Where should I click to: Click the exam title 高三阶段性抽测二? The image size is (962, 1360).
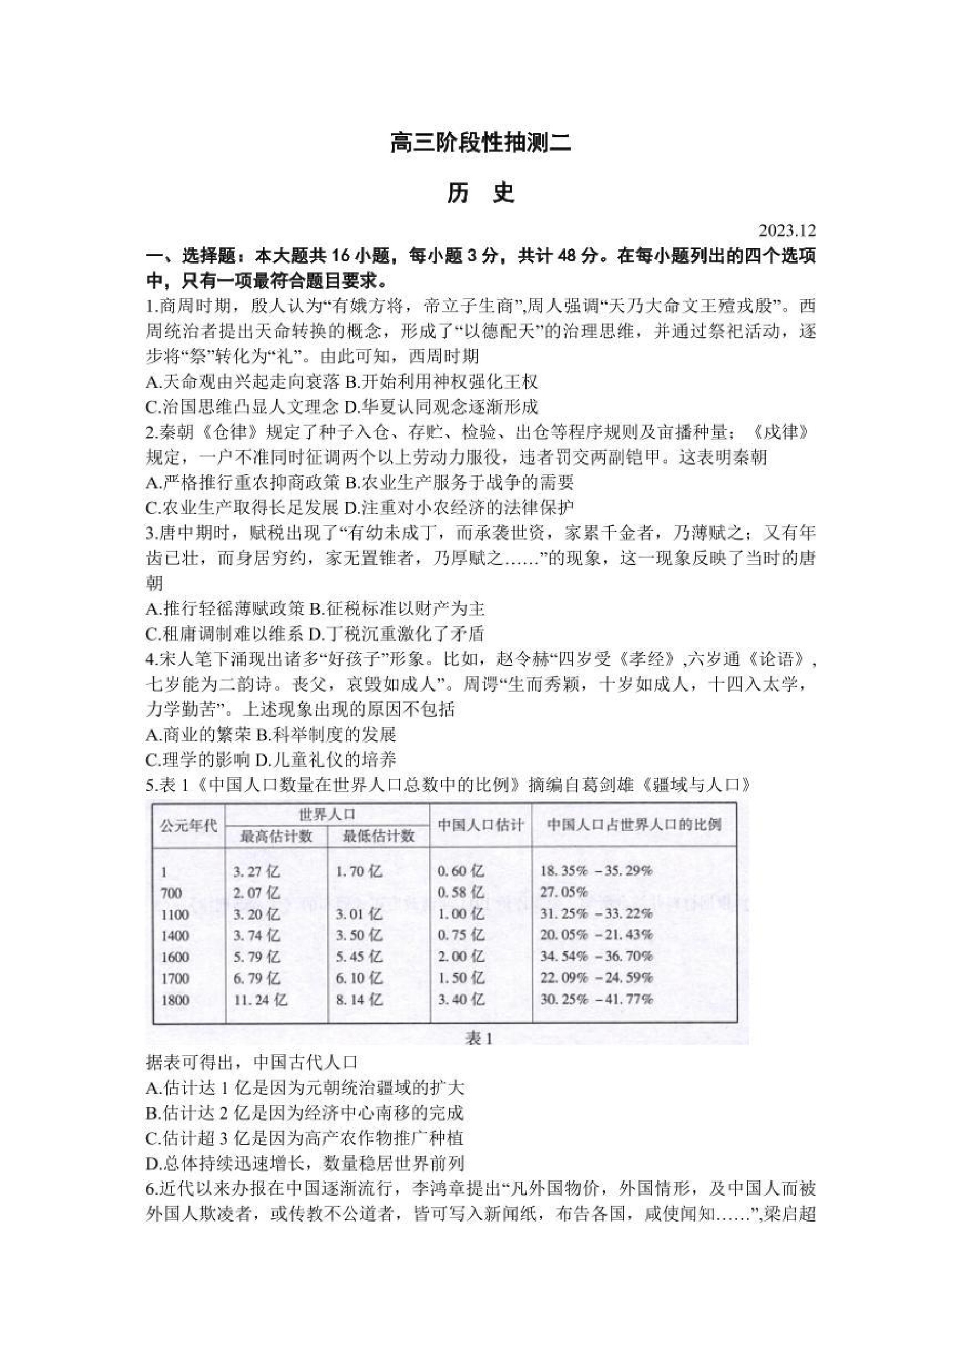point(480,143)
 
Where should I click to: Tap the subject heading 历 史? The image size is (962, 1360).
point(480,193)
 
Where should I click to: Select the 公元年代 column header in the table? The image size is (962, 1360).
point(189,825)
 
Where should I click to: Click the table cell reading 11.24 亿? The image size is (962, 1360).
point(260,1000)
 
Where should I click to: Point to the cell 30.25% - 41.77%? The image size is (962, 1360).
point(596,1000)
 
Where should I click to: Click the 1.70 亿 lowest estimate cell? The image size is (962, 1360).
point(359,872)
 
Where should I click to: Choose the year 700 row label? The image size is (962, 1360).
point(171,893)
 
